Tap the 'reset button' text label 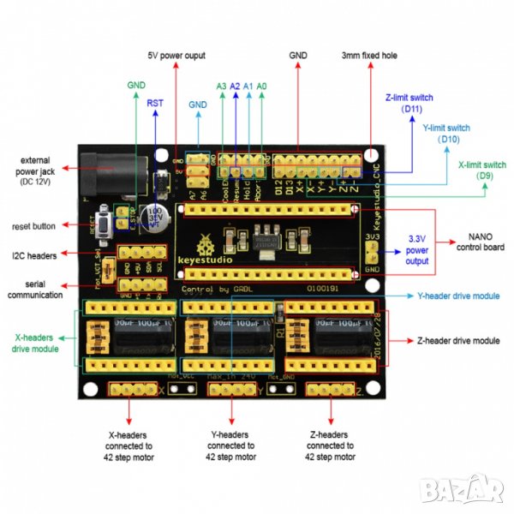coord(34,226)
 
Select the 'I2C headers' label coord(34,255)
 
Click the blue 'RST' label coord(155,103)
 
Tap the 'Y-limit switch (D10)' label coord(446,133)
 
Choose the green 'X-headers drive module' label coord(36,344)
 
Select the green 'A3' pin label coord(221,87)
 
